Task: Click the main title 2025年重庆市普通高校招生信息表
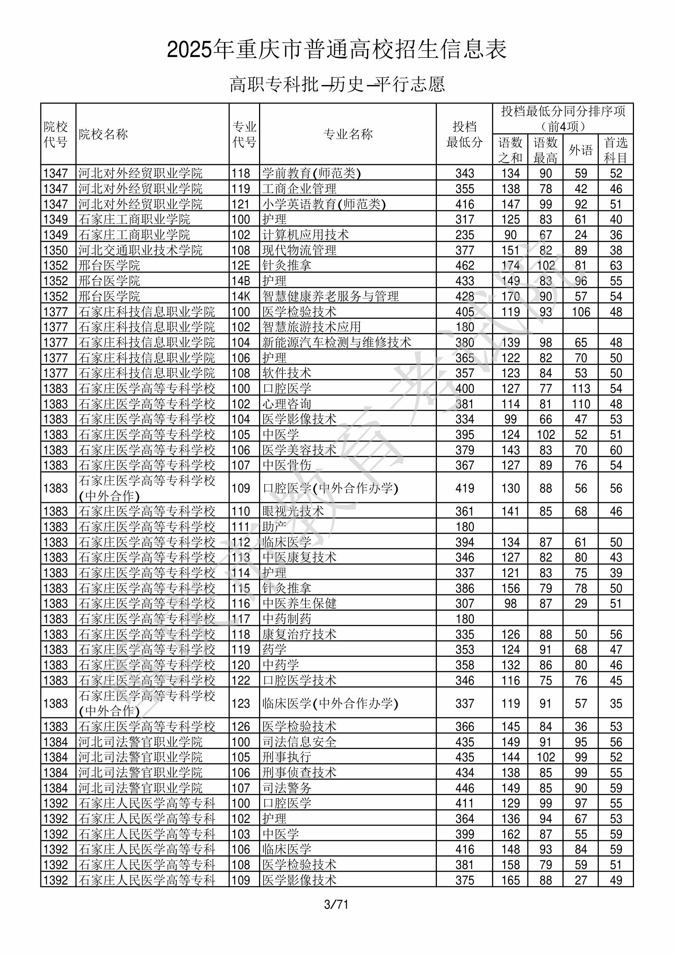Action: point(336,49)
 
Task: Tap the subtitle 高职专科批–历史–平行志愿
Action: point(337,84)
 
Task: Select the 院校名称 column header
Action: point(103,134)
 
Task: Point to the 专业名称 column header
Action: point(348,134)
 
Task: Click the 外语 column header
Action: point(580,150)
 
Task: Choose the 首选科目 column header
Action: point(615,150)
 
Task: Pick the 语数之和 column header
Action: point(510,150)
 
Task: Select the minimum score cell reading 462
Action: point(464,266)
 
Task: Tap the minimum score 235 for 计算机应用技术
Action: point(464,235)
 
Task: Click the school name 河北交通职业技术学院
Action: point(140,250)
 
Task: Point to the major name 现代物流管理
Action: point(299,250)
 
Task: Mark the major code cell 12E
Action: point(241,266)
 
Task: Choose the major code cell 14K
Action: point(241,296)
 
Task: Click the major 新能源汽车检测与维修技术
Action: point(336,343)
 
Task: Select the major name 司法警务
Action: point(287,788)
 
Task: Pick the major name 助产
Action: point(274,527)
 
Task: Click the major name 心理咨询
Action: point(287,404)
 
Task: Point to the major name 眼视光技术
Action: point(293,511)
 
